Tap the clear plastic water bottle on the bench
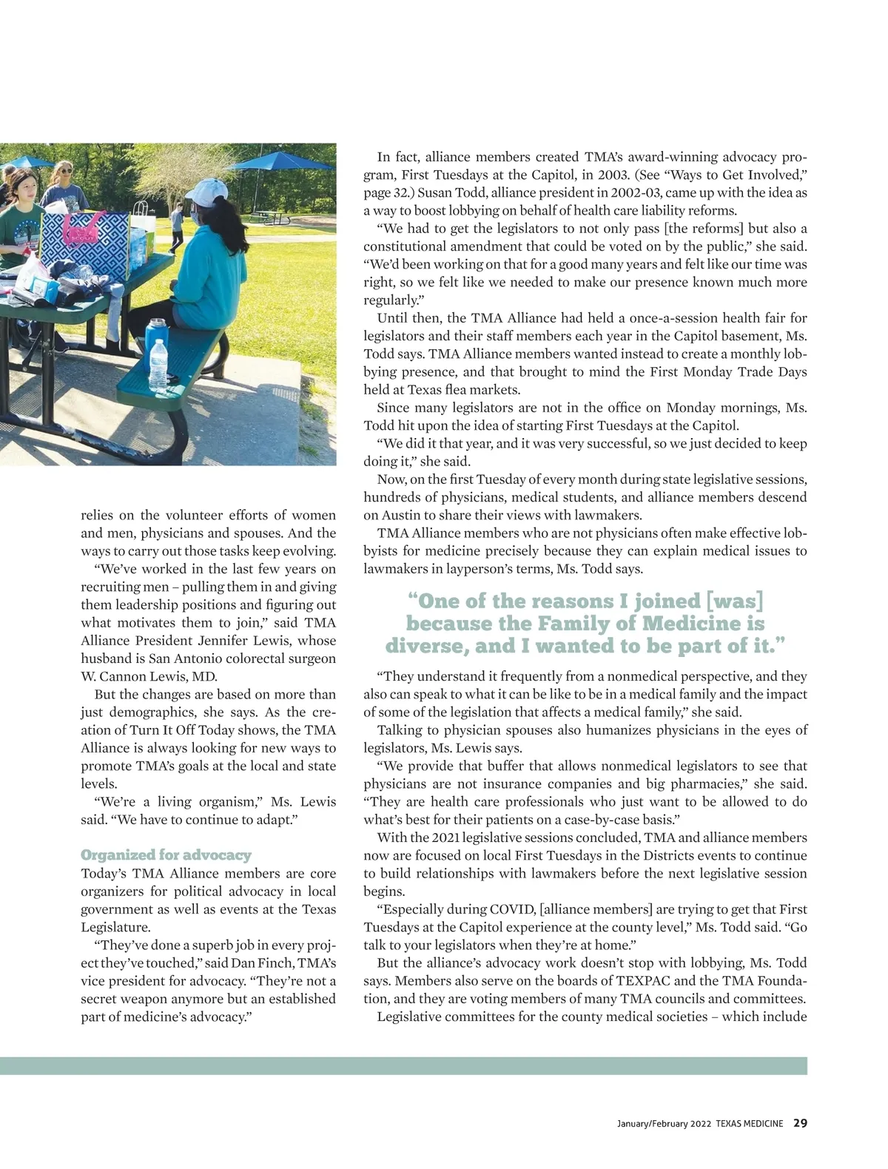click(158, 365)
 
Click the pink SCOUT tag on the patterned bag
click(84, 229)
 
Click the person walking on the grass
click(176, 226)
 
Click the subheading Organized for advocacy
click(166, 855)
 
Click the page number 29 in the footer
click(800, 1123)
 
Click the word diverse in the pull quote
click(426, 646)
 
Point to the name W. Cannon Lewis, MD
click(149, 676)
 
